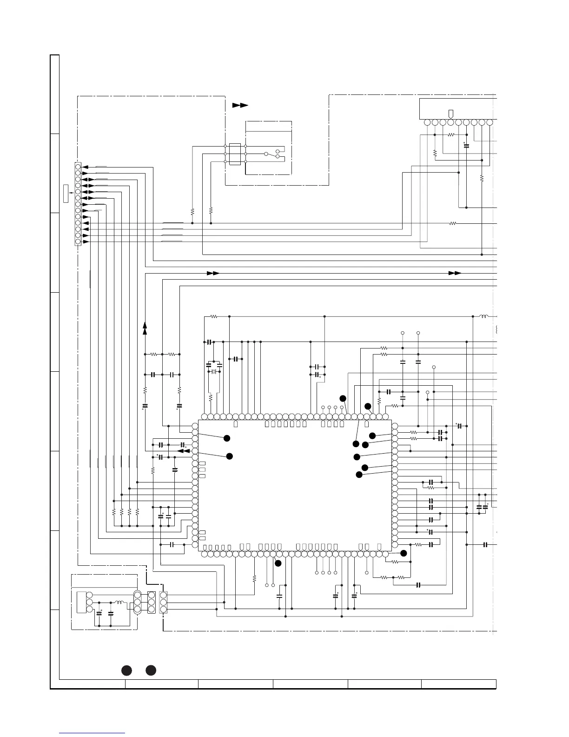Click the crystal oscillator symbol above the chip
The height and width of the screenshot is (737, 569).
214,371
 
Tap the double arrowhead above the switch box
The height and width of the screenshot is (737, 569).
240,106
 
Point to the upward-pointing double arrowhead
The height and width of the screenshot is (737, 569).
145,328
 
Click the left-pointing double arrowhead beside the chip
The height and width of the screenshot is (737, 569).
184,450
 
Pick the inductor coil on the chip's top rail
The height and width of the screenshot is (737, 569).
483,316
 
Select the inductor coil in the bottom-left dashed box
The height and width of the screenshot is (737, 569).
119,603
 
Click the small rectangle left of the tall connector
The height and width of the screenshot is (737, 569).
66,194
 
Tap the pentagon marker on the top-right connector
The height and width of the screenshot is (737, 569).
450,114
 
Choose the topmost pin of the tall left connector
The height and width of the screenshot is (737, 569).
78,166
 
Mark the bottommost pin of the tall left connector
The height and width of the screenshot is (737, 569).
78,242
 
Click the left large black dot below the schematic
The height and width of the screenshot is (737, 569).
126,670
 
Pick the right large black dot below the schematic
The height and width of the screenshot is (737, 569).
151,670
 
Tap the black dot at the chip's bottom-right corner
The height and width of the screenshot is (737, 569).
404,553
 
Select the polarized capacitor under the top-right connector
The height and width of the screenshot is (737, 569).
466,146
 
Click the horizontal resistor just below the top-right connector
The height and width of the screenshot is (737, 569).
450,135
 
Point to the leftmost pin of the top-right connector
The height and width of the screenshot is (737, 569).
427,122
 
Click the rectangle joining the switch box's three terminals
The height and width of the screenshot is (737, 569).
235,154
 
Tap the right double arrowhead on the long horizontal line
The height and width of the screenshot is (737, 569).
454,273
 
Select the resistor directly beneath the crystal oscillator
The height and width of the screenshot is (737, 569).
211,397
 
